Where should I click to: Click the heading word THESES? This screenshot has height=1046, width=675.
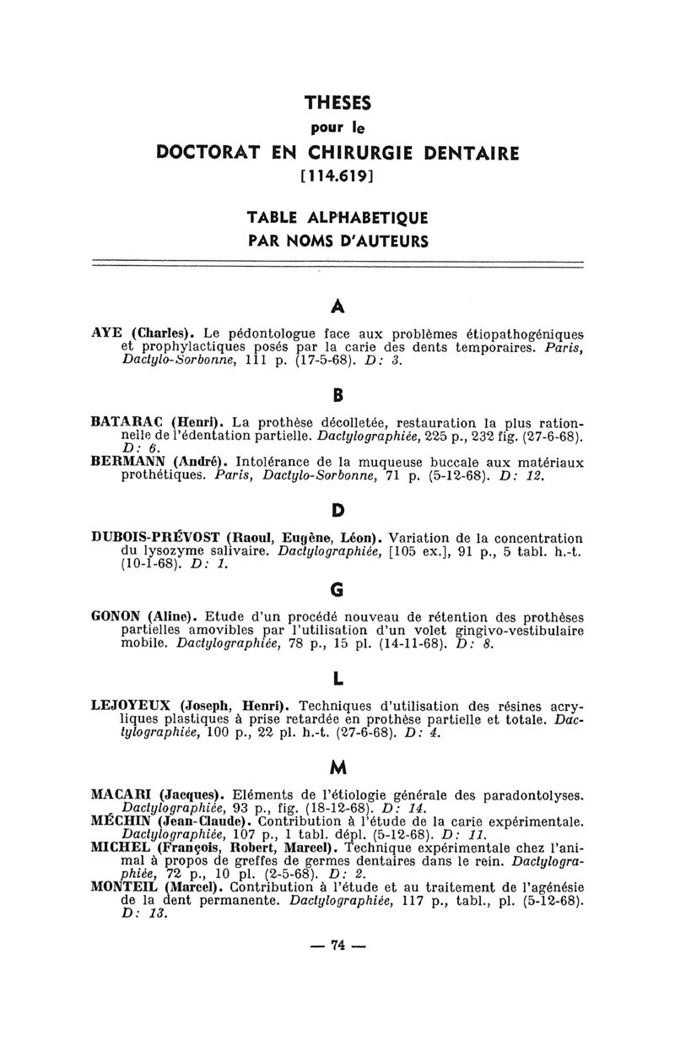click(337, 103)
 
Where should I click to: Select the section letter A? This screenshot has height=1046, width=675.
click(337, 305)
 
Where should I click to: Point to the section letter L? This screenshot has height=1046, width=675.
click(337, 678)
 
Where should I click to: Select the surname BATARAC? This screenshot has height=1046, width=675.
click(127, 421)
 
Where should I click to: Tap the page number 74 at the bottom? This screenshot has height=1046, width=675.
click(337, 946)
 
